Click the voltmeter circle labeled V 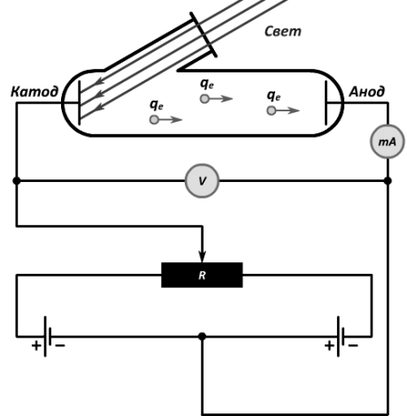tap(202, 181)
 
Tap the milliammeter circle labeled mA tap(388, 141)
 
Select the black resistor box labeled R tap(202, 275)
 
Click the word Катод tap(35, 92)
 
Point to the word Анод tap(367, 92)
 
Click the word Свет tap(283, 31)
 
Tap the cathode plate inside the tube tap(79, 102)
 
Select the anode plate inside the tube tap(326, 102)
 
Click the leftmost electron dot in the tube tap(154, 119)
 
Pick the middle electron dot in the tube tap(204, 99)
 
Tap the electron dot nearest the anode tap(272, 110)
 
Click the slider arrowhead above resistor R tap(202, 257)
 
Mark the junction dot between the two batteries tap(202, 337)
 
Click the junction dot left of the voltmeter tap(17, 181)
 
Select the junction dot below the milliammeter tap(388, 181)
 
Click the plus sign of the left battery tap(36, 345)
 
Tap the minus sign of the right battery tap(353, 345)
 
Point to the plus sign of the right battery tap(329, 345)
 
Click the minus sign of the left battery tap(60, 345)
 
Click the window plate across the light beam tap(203, 34)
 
